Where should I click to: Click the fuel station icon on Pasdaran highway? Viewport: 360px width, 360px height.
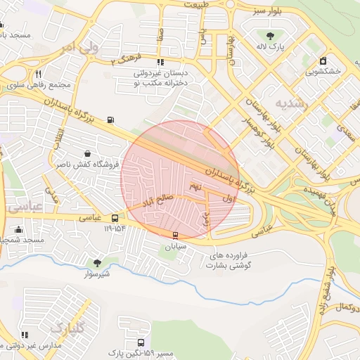click(110, 120)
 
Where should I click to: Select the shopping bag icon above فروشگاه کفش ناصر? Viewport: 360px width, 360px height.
click(87, 153)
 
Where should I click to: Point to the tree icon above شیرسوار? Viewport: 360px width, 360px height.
click(97, 263)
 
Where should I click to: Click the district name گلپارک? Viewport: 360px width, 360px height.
click(67, 326)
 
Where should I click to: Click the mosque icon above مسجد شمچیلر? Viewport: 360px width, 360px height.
click(18, 229)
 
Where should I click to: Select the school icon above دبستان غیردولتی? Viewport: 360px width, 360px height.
click(161, 62)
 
